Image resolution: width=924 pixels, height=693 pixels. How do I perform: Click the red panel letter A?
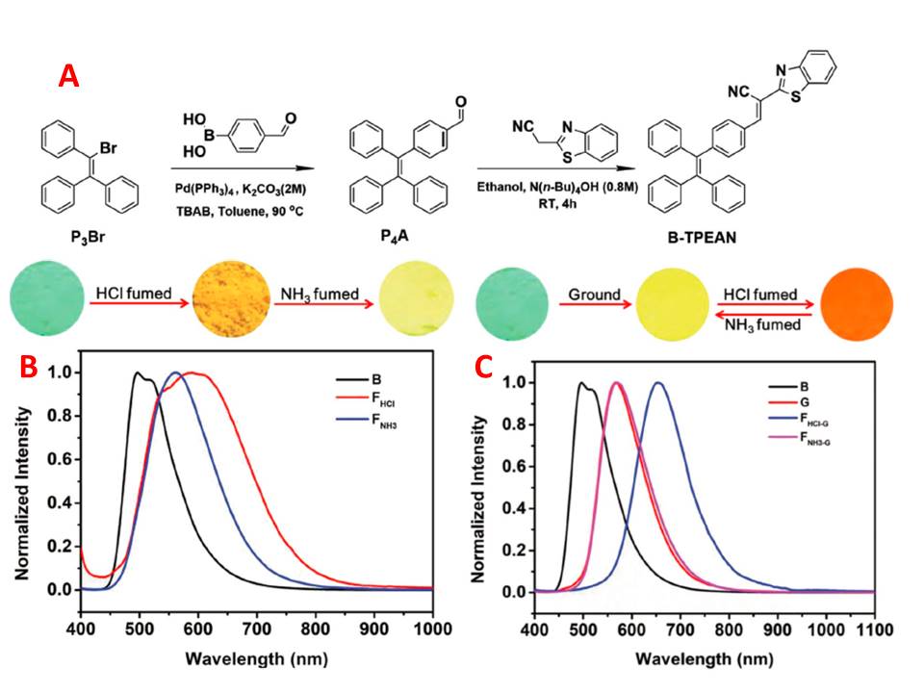(x=68, y=76)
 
